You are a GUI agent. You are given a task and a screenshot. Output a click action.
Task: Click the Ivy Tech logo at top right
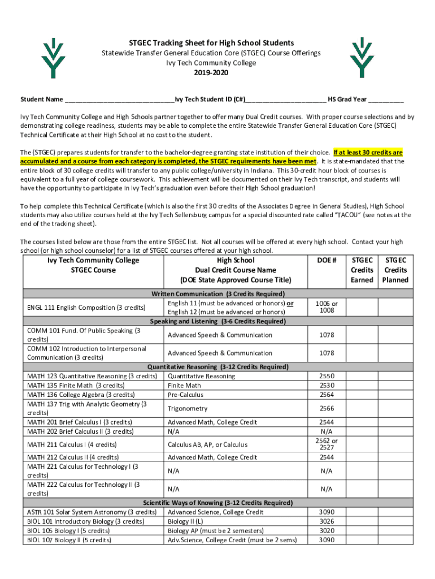[x=362, y=58]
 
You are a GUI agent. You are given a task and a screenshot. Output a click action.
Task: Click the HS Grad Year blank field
[x=386, y=100]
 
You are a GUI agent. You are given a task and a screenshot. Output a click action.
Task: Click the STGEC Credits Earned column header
[x=362, y=270]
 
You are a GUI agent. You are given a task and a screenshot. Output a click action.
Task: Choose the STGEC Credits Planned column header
[x=395, y=270]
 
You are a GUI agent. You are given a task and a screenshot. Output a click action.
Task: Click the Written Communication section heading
[x=217, y=294]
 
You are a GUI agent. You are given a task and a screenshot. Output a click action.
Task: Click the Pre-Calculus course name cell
[x=186, y=395]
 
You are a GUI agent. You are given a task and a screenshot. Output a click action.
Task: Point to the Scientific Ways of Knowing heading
[x=217, y=503]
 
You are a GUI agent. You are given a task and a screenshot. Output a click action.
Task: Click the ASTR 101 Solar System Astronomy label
[x=92, y=512]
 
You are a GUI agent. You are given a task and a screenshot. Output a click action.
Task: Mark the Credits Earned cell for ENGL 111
[x=362, y=308]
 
